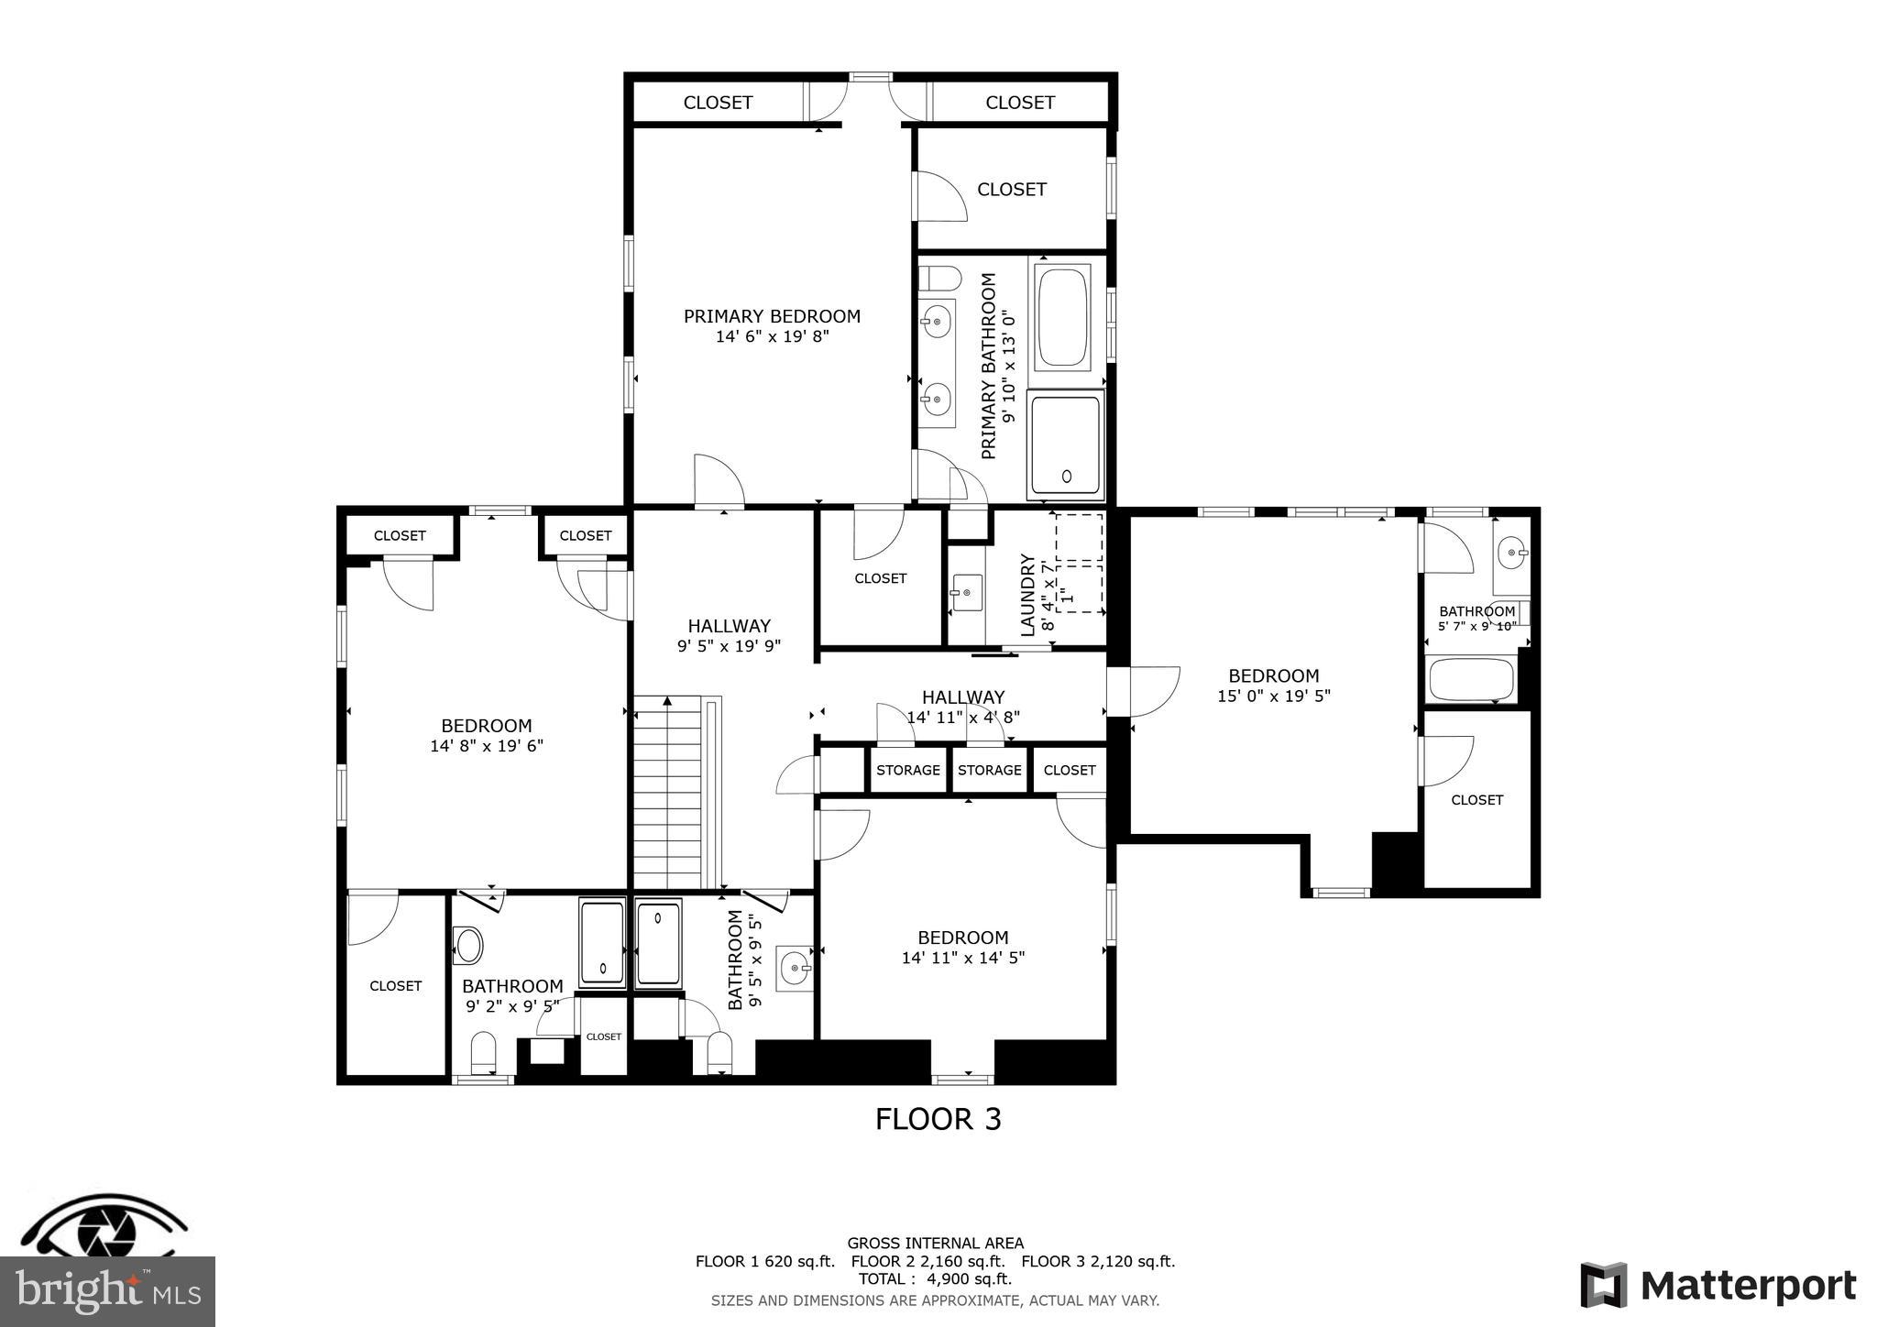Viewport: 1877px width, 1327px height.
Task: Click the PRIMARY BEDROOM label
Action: tap(772, 316)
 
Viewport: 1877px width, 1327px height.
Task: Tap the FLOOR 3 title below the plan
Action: tap(938, 1119)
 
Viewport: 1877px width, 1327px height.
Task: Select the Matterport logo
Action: tap(1718, 1286)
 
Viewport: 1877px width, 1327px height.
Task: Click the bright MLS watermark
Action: tap(107, 1290)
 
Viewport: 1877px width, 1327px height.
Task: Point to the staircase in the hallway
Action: tap(668, 793)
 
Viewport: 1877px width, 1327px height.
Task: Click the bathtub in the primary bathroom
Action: tap(1063, 315)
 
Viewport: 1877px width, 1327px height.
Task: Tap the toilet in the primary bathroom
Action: tap(939, 277)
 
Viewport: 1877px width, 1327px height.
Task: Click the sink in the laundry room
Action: tap(966, 592)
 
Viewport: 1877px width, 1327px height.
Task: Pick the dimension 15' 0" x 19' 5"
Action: tap(1273, 696)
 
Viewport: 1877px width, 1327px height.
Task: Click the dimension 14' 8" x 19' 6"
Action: tap(487, 746)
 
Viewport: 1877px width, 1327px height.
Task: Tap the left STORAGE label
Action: tap(907, 770)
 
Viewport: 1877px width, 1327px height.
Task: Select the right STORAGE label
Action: tap(989, 770)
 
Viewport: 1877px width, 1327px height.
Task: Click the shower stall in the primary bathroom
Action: tap(1065, 444)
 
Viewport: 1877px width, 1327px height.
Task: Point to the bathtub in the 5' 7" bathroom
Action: tap(1471, 680)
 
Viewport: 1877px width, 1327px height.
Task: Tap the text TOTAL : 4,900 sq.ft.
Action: tap(935, 1278)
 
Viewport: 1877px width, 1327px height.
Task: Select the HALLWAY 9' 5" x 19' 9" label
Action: tap(729, 635)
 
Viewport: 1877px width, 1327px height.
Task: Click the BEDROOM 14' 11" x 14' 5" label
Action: tap(962, 947)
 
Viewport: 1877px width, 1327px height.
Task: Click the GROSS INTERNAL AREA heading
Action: tap(935, 1244)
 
